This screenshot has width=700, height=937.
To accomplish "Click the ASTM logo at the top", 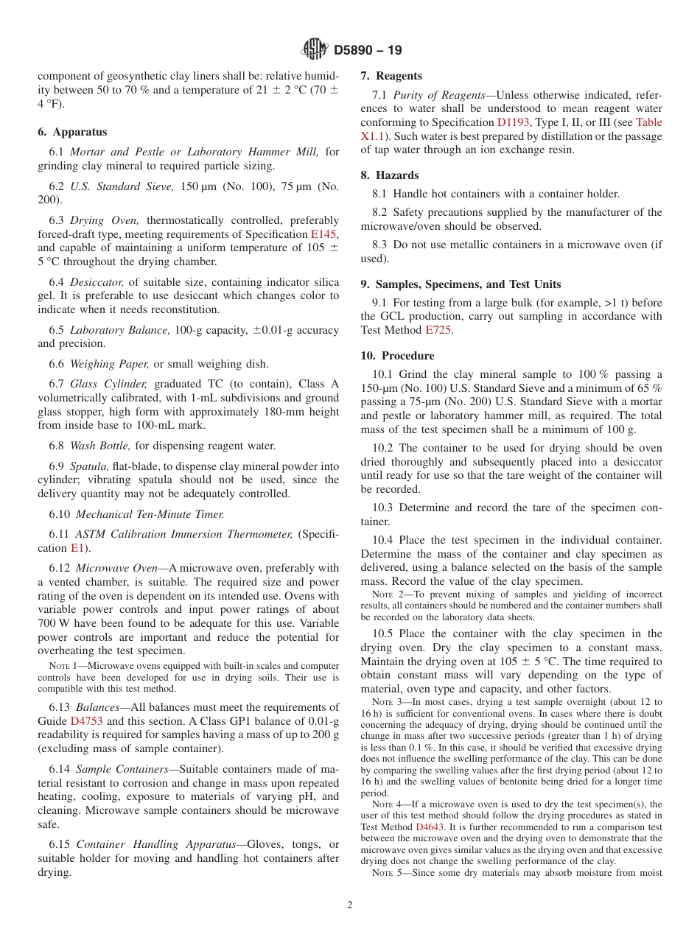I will pos(315,49).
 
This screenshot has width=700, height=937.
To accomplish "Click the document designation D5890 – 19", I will pos(368,50).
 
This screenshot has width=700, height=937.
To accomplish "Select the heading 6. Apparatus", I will pos(72,132).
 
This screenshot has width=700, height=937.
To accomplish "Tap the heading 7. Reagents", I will pos(391,76).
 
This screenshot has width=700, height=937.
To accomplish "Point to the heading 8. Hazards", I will pos(389,175).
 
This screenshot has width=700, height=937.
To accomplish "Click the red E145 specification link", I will pos(324,234).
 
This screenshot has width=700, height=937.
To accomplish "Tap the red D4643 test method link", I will pos(429,827).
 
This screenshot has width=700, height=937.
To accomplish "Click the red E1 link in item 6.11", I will pos(77,548).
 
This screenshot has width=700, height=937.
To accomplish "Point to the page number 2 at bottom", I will pos(350,905).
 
